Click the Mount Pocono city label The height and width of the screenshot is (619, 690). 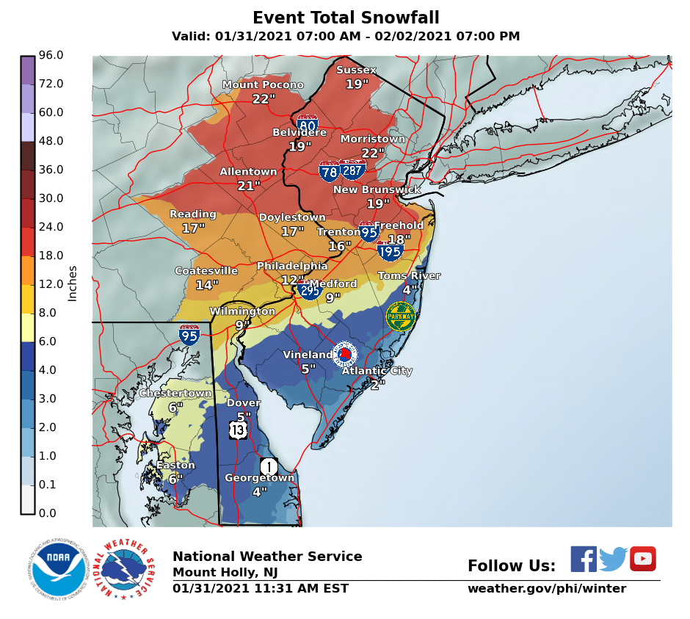coord(263,85)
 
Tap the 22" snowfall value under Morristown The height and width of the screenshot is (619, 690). coord(373,153)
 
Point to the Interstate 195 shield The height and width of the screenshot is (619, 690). coord(390,250)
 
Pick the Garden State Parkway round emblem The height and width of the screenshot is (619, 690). coord(401,316)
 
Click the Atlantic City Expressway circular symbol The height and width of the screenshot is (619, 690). coord(344,355)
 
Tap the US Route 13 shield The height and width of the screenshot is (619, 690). coord(237,430)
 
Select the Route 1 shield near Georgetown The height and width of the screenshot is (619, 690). coord(269,466)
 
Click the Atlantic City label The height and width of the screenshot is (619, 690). coord(377,371)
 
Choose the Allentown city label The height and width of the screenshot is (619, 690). coord(249,172)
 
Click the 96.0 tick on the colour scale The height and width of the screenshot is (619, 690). coord(51,55)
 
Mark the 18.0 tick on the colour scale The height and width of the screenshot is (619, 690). coord(51,256)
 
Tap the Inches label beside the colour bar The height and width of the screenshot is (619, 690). coord(73,283)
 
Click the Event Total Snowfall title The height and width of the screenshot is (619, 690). coord(346,18)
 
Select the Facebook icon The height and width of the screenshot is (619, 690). coord(584,559)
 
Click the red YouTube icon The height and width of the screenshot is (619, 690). coord(642,559)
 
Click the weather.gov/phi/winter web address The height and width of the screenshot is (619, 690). coord(547,588)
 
